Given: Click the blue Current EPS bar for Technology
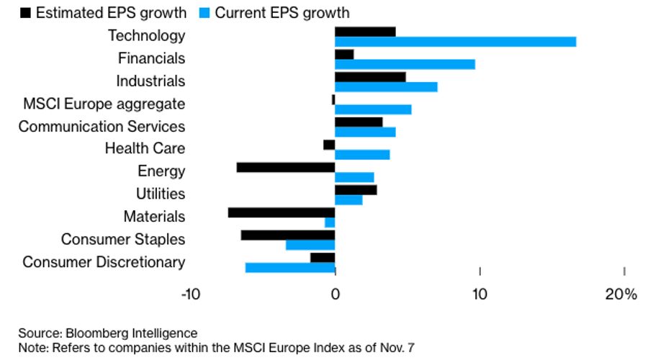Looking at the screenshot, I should pyautogui.click(x=455, y=42).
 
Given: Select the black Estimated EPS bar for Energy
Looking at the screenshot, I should pyautogui.click(x=286, y=168).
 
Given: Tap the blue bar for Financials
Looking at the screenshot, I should pyautogui.click(x=405, y=64).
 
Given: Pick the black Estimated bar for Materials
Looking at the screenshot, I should pyautogui.click(x=282, y=212).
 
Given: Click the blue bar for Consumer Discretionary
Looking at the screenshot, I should pyautogui.click(x=290, y=268).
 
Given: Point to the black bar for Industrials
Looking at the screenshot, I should pyautogui.click(x=370, y=77).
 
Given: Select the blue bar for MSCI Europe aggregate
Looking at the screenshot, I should pyautogui.click(x=373, y=109).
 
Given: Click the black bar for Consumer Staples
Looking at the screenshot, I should pyautogui.click(x=288, y=235).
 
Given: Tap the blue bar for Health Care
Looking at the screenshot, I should pyautogui.click(x=362, y=154).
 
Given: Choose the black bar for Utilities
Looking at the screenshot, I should pyautogui.click(x=356, y=190).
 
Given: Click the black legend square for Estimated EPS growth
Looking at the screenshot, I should pyautogui.click(x=26, y=12).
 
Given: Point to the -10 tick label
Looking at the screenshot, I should pyautogui.click(x=190, y=294).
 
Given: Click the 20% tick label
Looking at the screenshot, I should pyautogui.click(x=621, y=294).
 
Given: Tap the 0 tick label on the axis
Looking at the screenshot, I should pyautogui.click(x=335, y=294).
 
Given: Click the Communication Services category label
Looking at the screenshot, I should pyautogui.click(x=102, y=127).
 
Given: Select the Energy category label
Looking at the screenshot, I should pyautogui.click(x=161, y=171).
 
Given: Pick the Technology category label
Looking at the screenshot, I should pyautogui.click(x=146, y=35).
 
